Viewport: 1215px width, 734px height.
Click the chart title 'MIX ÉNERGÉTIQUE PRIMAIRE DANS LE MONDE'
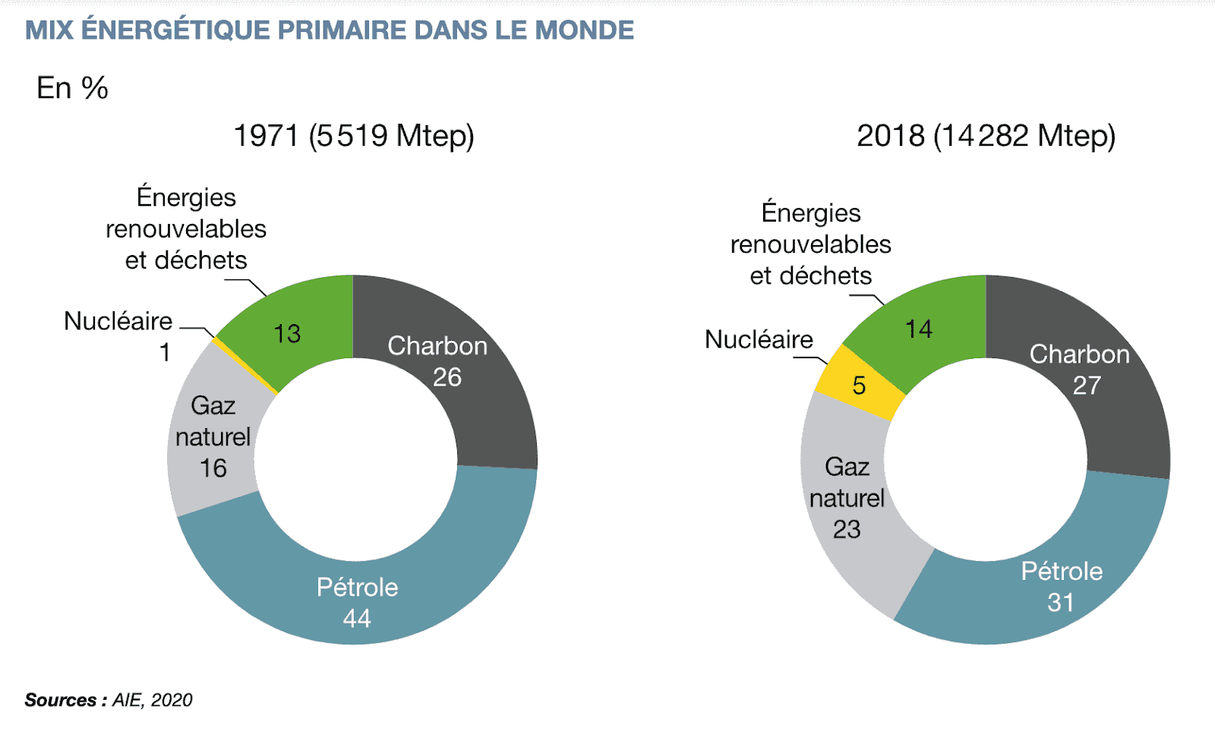click(329, 30)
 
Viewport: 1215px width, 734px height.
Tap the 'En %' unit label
click(72, 88)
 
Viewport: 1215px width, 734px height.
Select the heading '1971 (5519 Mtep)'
click(353, 136)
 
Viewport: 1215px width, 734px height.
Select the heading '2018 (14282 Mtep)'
click(986, 136)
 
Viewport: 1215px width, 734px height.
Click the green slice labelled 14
click(923, 326)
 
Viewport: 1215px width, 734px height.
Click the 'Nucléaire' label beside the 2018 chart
click(759, 339)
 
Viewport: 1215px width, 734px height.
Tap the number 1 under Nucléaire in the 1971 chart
click(165, 353)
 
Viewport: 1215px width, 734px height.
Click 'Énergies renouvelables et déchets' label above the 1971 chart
click(186, 228)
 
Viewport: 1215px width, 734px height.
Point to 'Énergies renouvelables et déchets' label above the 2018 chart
click(810, 244)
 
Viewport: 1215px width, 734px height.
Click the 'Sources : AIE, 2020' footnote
click(109, 700)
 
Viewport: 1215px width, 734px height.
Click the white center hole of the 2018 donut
click(986, 459)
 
